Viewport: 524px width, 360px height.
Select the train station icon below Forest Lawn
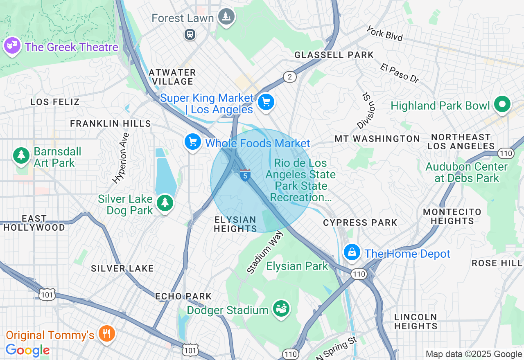190,34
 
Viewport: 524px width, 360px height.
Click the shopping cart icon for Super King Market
266,102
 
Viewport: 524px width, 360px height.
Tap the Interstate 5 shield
245,175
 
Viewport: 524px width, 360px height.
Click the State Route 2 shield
290,77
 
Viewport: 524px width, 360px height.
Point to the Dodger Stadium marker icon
281,309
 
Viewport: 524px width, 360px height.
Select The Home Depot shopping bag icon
352,253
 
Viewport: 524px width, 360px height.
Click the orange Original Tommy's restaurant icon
106,334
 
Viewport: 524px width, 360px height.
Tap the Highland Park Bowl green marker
502,105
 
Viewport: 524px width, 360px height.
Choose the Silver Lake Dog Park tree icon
165,203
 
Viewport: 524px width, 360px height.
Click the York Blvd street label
384,33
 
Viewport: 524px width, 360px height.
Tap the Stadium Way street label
265,252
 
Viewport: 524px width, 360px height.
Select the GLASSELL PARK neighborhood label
334,55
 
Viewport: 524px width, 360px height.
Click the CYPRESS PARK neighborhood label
360,223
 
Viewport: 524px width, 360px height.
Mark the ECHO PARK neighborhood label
183,296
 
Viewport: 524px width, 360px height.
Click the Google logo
28,350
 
